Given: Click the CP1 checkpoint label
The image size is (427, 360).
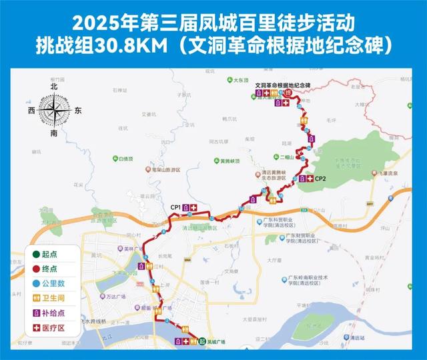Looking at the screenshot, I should [175, 208].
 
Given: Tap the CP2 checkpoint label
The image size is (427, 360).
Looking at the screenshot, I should [320, 179].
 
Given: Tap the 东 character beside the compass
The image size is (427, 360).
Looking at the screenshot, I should [78, 111].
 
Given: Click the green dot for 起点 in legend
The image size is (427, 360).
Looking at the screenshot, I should [34, 255].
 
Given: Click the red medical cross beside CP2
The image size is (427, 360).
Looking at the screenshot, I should [310, 179].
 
